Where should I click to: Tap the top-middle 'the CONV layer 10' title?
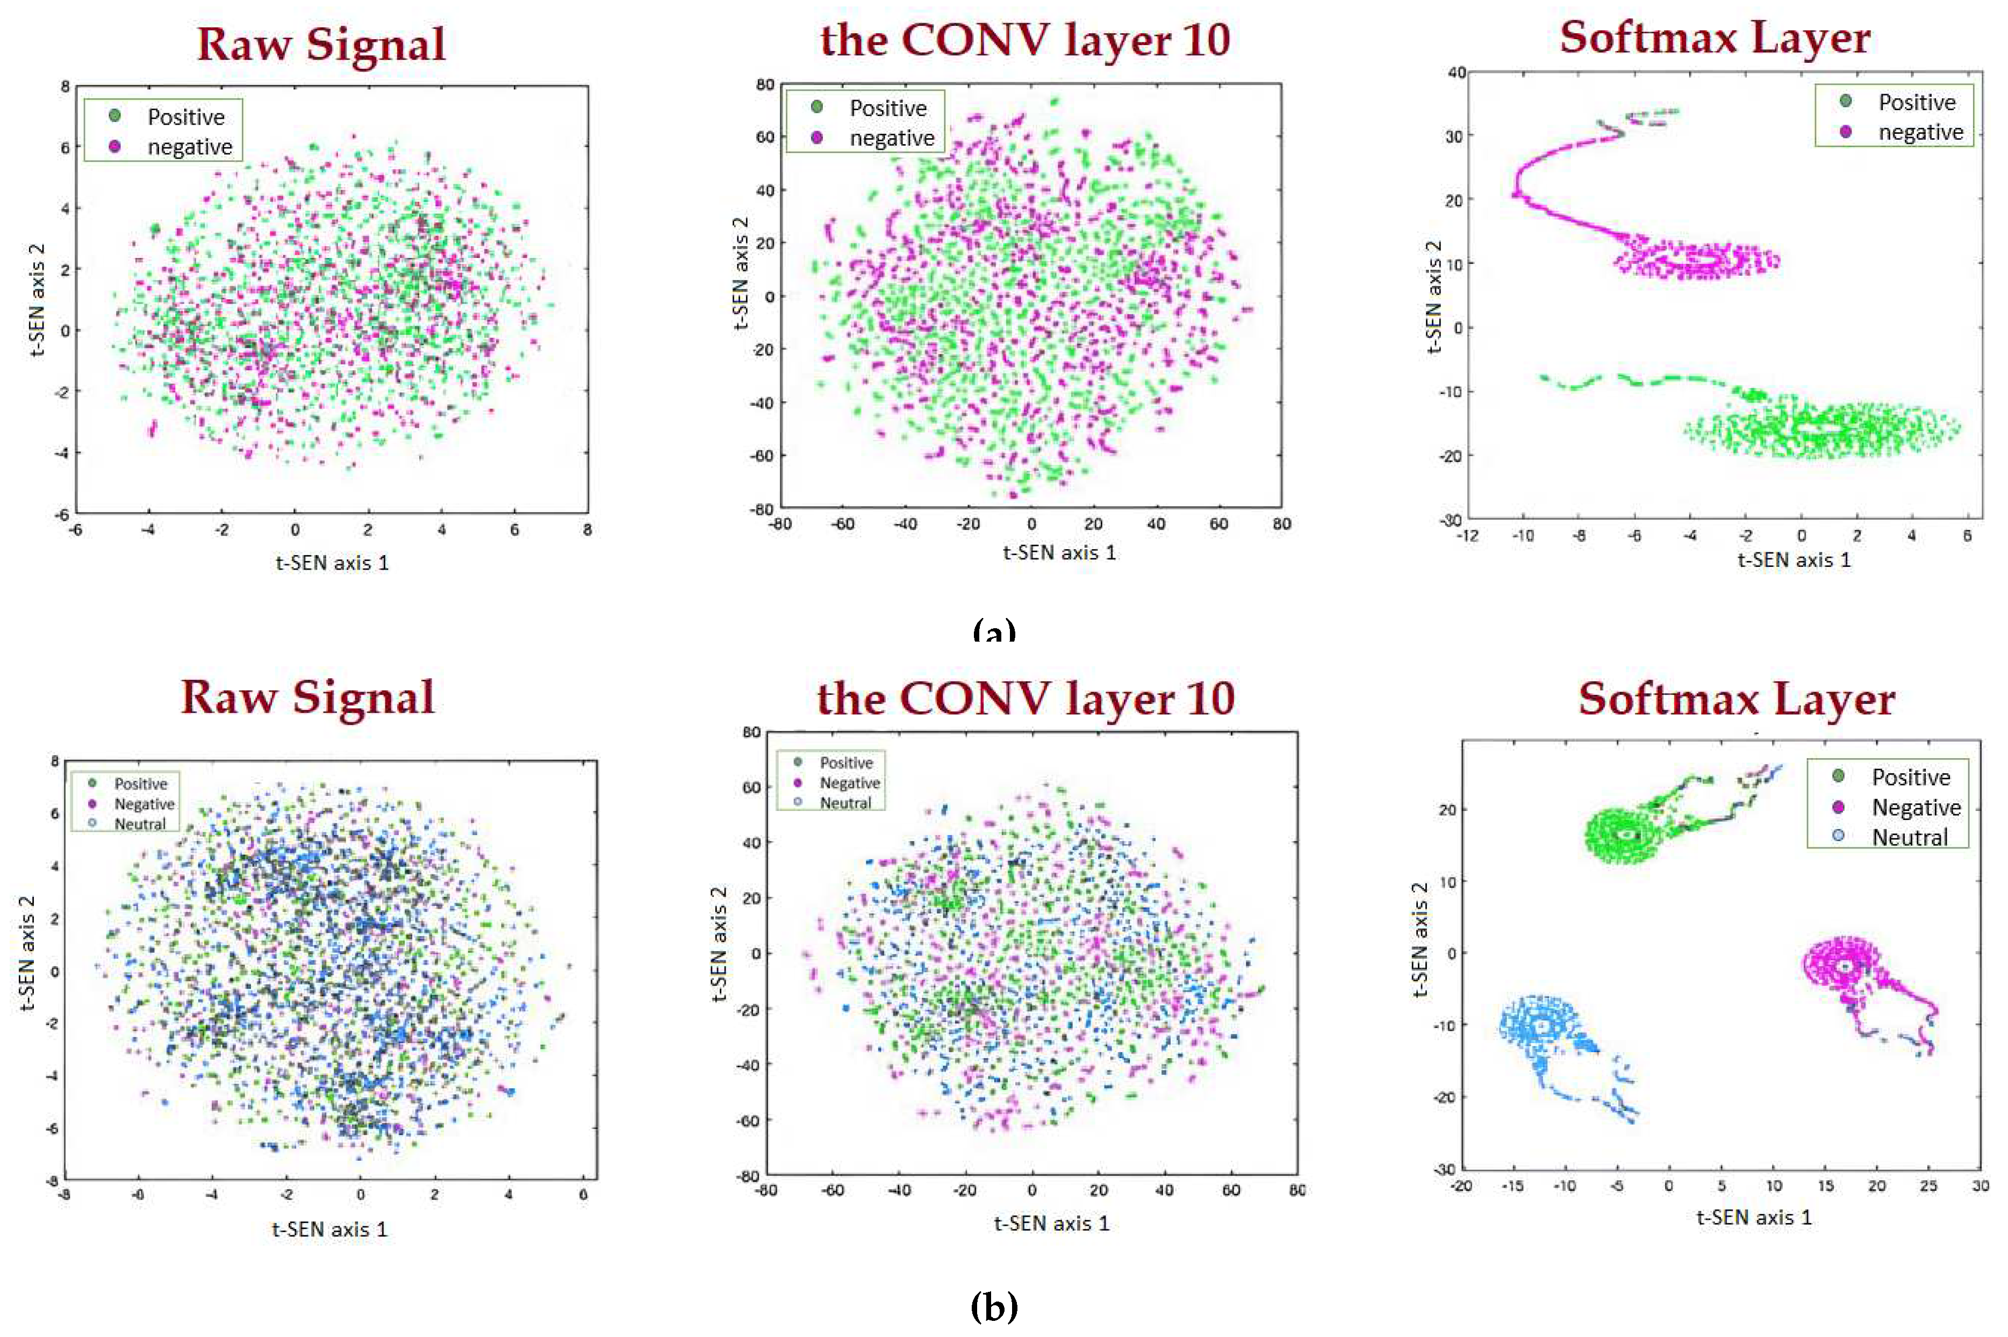(x=1025, y=40)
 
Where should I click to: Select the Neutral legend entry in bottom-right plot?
(x=1908, y=837)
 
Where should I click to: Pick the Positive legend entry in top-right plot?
(x=1916, y=102)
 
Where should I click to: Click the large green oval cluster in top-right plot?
(x=1820, y=429)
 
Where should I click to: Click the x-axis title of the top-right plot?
(x=1794, y=560)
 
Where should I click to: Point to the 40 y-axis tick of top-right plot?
(x=1457, y=73)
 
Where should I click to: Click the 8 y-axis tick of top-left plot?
(x=65, y=86)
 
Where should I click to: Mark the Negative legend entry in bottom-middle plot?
(x=849, y=783)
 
